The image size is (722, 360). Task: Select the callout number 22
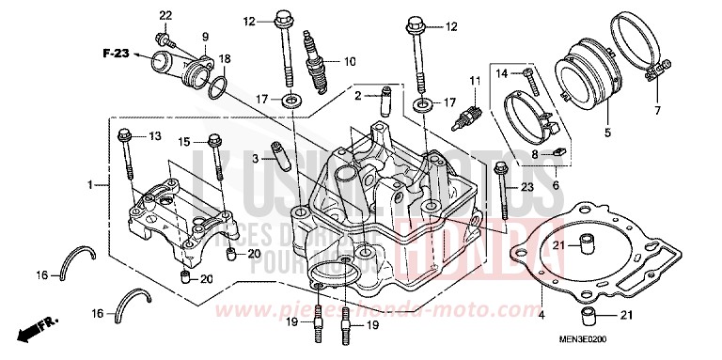(x=165, y=16)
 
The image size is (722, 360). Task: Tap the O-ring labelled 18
(x=217, y=86)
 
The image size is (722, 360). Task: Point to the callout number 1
(x=92, y=186)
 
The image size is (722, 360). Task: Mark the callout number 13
(x=155, y=136)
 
